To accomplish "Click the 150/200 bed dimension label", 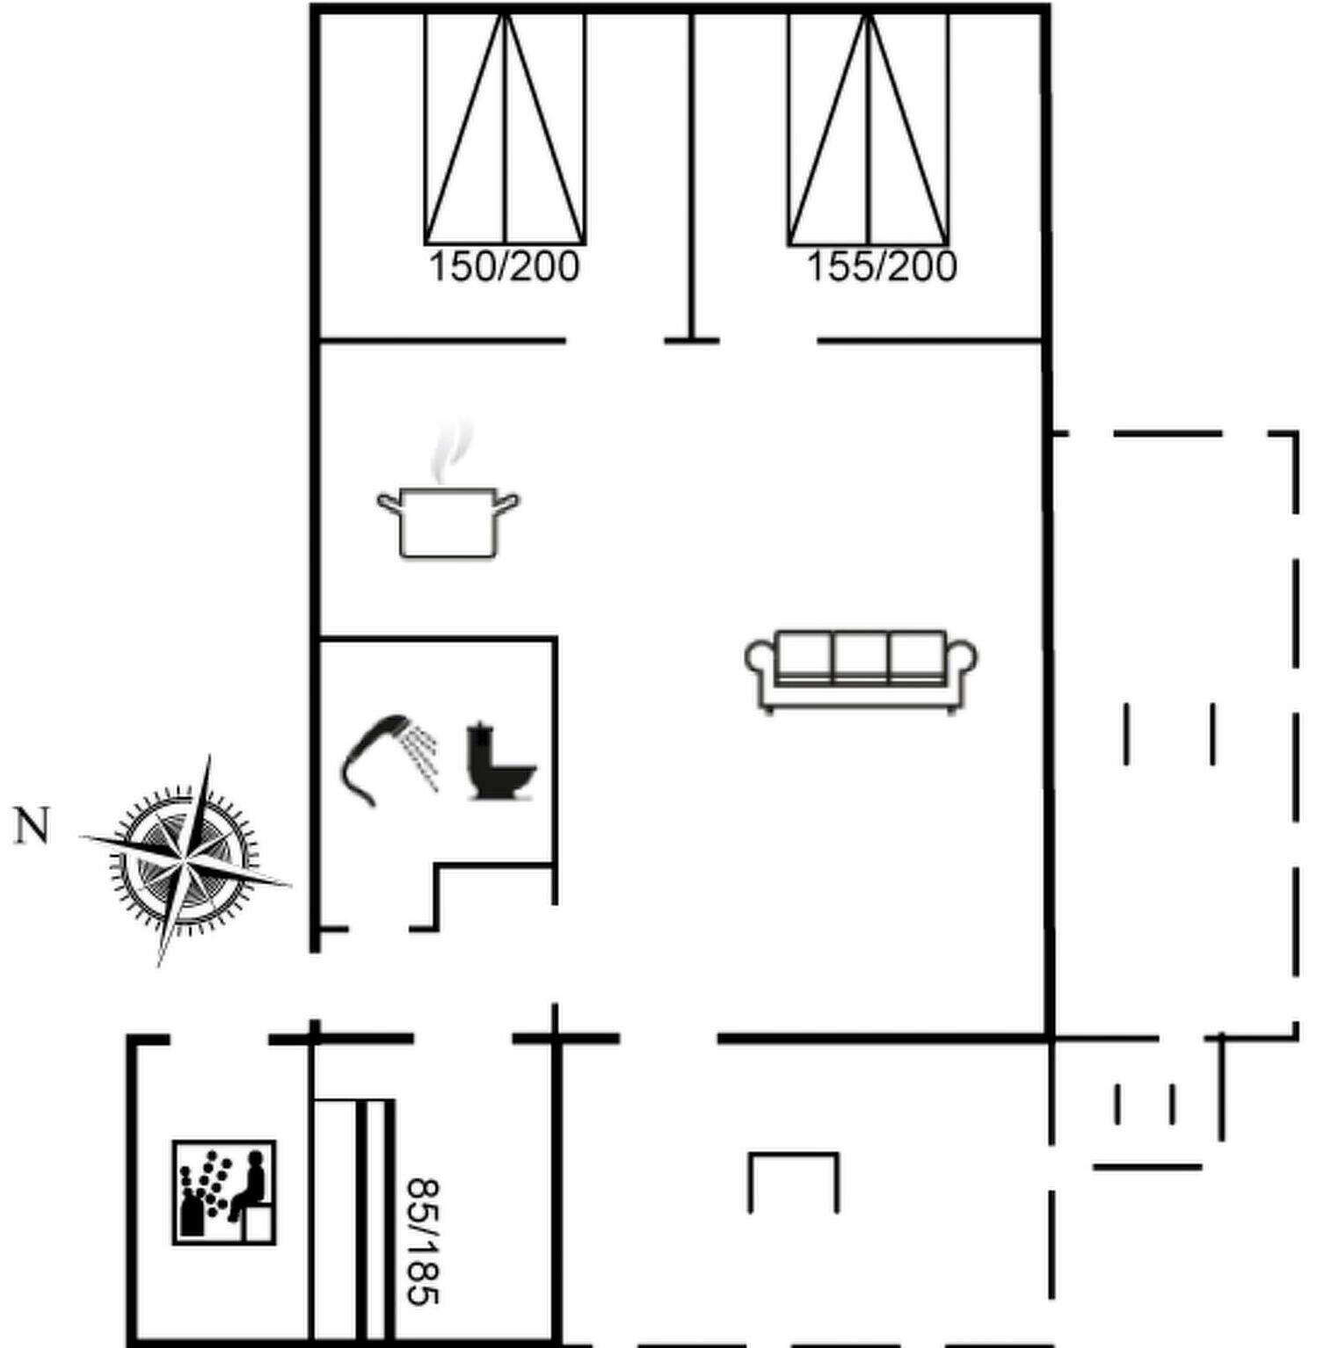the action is [x=504, y=266].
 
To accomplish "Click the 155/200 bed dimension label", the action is [x=881, y=266].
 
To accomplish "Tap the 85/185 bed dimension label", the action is [x=423, y=1242].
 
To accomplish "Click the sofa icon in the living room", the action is [x=861, y=671].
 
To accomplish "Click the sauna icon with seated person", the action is [x=224, y=1192].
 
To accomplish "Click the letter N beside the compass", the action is [x=32, y=827].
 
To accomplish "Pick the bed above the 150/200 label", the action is [x=505, y=127].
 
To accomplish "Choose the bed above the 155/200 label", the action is [x=869, y=127].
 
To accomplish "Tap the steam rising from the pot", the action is [x=450, y=452].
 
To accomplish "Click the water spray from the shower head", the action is [x=422, y=755].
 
